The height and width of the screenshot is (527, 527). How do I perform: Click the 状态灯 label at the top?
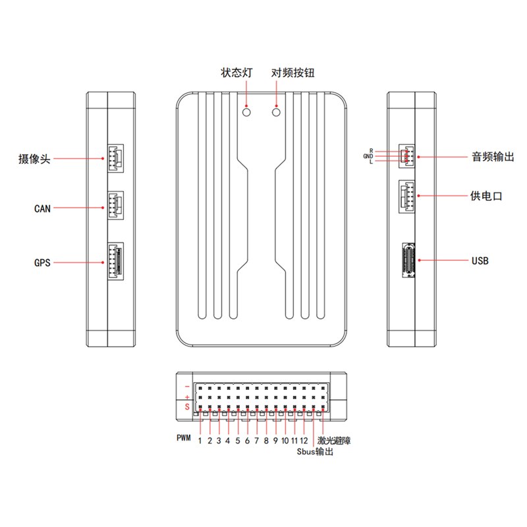(237, 73)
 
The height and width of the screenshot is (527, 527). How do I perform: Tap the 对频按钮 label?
(293, 73)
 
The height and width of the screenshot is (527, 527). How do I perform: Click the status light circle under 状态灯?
(247, 112)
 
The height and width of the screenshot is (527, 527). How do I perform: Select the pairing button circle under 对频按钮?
(277, 112)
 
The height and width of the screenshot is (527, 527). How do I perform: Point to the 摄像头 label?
(35, 159)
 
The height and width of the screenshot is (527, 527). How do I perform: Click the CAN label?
(42, 209)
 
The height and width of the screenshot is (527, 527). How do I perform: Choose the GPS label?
(42, 262)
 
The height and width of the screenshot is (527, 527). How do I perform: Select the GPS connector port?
(114, 262)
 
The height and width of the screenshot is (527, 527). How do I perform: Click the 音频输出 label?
(492, 157)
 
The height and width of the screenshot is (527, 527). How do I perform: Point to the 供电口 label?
(487, 196)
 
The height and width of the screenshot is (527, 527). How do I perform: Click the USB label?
(480, 261)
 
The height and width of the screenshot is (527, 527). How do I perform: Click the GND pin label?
(368, 156)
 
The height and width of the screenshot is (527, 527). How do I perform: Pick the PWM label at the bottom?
(184, 438)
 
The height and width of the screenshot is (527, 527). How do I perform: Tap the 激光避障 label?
(333, 440)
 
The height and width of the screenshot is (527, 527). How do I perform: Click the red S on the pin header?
(187, 407)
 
